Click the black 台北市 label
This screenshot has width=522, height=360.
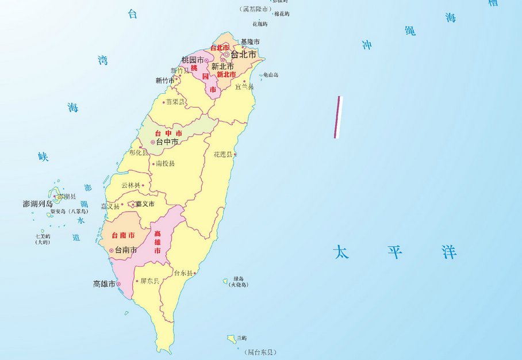click(243, 55)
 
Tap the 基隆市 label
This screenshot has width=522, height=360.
click(250, 42)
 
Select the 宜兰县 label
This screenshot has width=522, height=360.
click(244, 86)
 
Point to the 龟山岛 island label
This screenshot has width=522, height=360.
click(271, 75)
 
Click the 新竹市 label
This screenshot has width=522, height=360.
click(164, 81)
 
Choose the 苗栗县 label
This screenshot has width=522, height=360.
click(175, 102)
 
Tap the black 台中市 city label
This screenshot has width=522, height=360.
click(167, 141)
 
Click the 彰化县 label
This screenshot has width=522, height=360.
click(138, 153)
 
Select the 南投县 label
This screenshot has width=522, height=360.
click(165, 163)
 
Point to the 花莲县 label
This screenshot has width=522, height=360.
click(222, 155)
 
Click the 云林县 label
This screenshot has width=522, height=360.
click(130, 185)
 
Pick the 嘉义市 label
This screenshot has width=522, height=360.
click(145, 204)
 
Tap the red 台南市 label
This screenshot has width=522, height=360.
click(123, 235)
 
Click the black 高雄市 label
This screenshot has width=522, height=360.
click(104, 284)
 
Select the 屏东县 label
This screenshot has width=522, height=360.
click(149, 281)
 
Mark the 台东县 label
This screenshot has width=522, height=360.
click(183, 273)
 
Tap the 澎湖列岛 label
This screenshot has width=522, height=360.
click(38, 204)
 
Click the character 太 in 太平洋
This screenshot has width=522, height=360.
click(341, 252)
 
